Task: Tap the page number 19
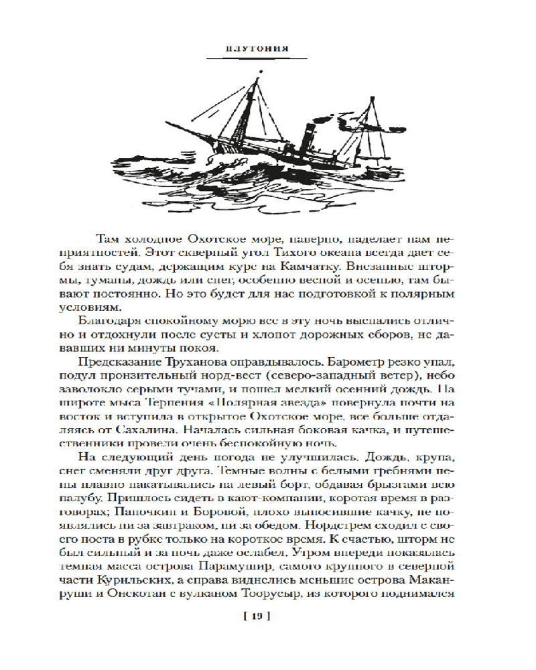point(258,616)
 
